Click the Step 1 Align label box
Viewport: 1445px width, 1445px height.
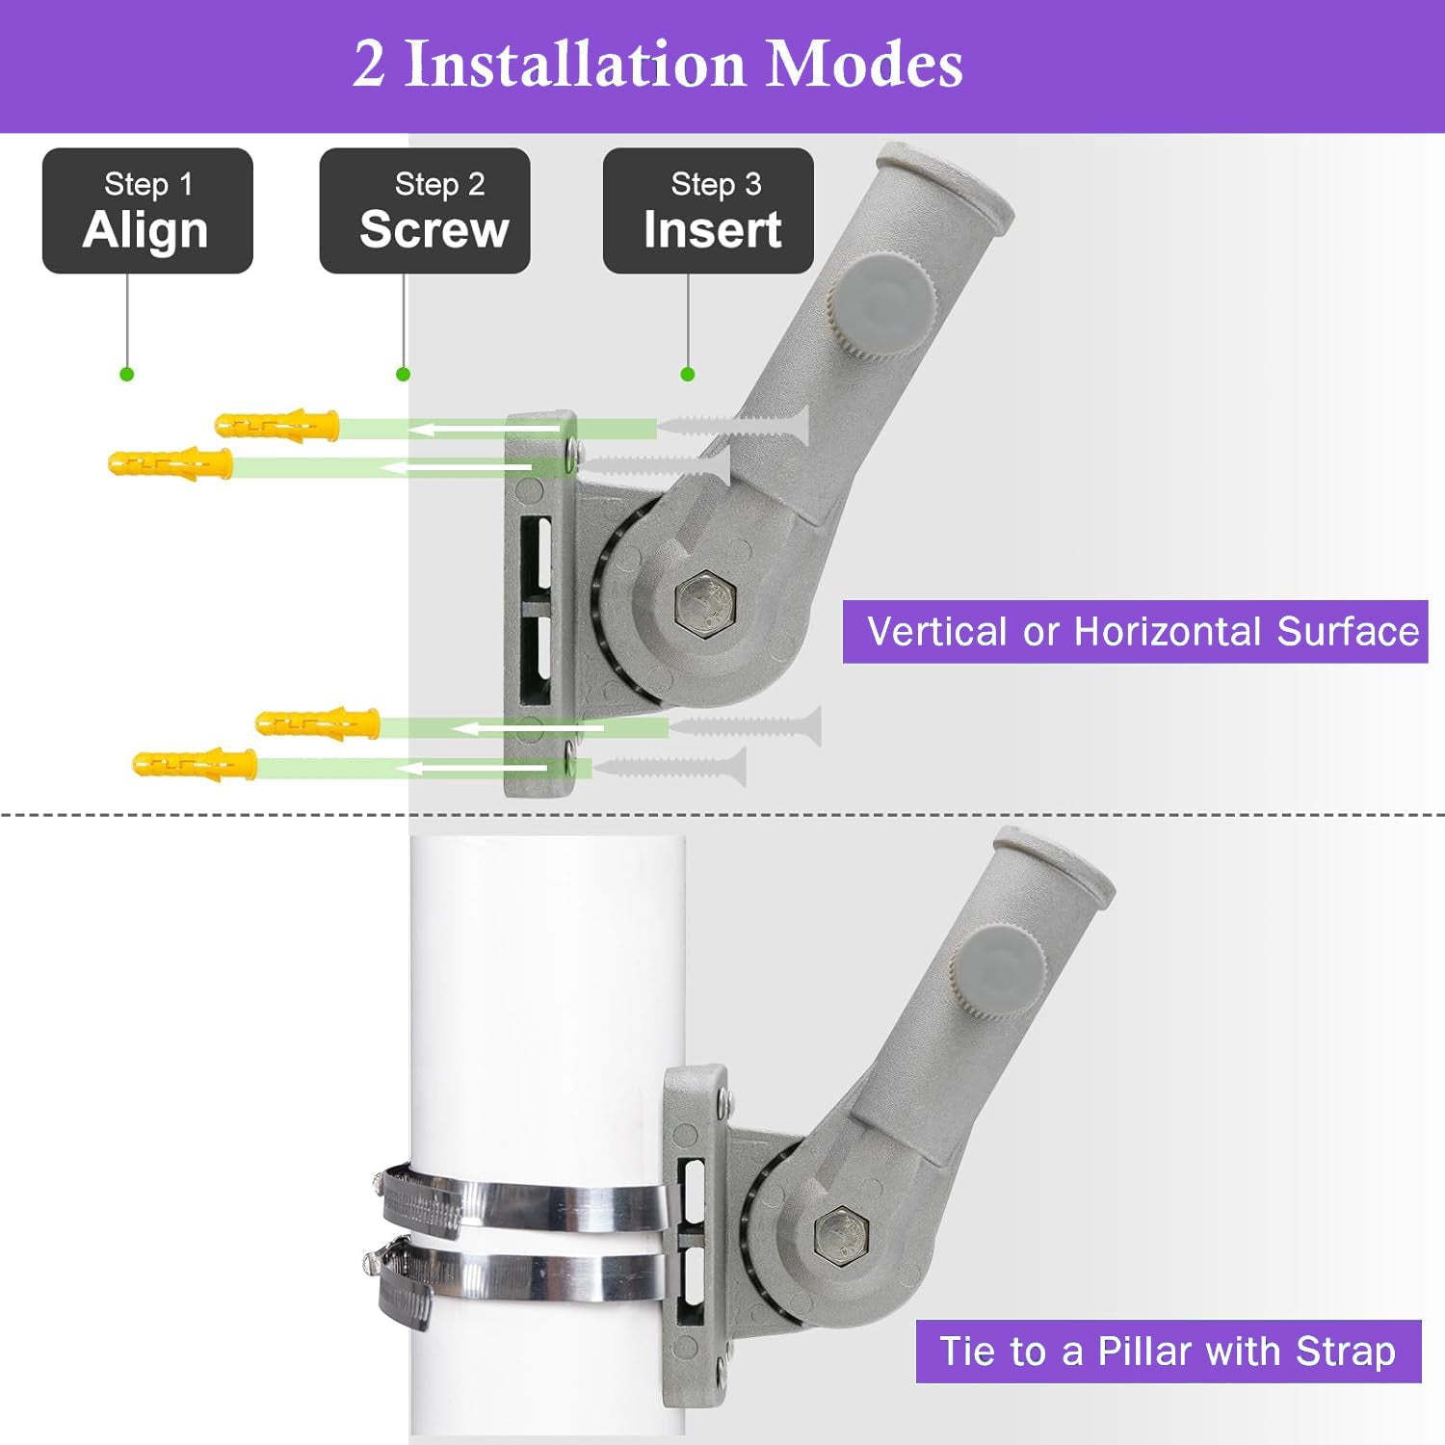tap(147, 210)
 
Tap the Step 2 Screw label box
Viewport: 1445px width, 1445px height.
tap(425, 210)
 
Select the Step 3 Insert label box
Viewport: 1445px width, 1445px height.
tap(708, 210)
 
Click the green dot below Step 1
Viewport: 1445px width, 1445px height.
tap(126, 374)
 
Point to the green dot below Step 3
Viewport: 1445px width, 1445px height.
tap(687, 374)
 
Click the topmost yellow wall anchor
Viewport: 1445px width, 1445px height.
tap(277, 425)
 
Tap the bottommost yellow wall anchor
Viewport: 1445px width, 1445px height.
tap(196, 766)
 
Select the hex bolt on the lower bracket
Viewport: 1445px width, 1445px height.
tap(841, 1236)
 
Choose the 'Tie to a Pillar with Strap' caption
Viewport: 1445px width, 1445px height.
tap(1168, 1351)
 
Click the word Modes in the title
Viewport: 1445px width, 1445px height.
tap(864, 65)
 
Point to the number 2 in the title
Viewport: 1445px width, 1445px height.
tap(369, 65)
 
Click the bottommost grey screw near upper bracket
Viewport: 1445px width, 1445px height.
tap(670, 768)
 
